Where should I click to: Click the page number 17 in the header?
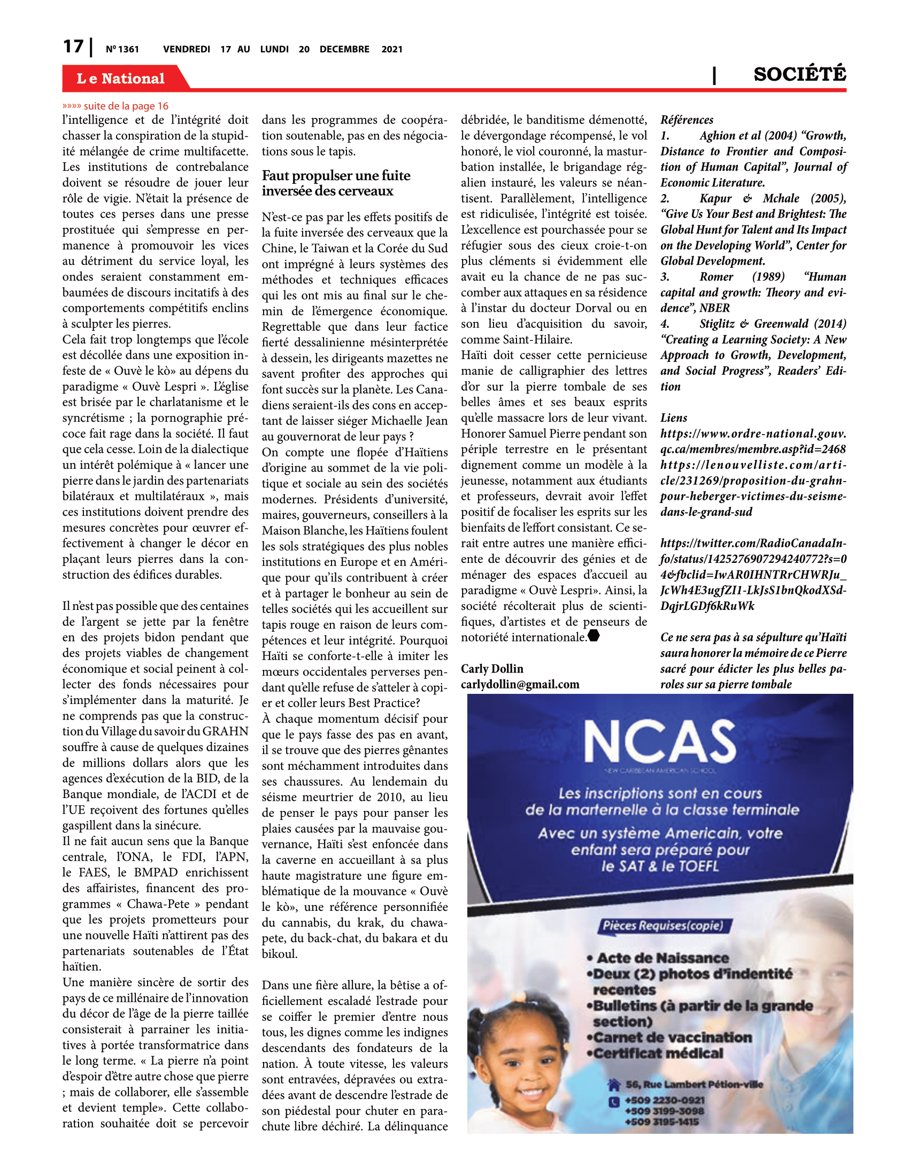point(73,47)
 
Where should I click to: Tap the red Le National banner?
point(121,79)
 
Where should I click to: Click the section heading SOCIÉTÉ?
point(800,74)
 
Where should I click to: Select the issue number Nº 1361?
point(122,50)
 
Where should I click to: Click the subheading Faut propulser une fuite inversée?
point(336,183)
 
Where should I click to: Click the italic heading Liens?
point(674,418)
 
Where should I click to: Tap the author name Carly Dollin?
point(491,669)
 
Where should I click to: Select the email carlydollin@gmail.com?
point(520,684)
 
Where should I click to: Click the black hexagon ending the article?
point(594,636)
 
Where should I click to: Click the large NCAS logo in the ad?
point(660,742)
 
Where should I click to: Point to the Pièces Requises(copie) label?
point(666,926)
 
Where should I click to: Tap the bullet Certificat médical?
point(658,1053)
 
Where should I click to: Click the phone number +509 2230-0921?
point(665,1100)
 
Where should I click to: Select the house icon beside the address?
point(614,1085)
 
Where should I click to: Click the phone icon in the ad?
point(614,1102)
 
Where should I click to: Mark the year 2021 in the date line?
point(391,50)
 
